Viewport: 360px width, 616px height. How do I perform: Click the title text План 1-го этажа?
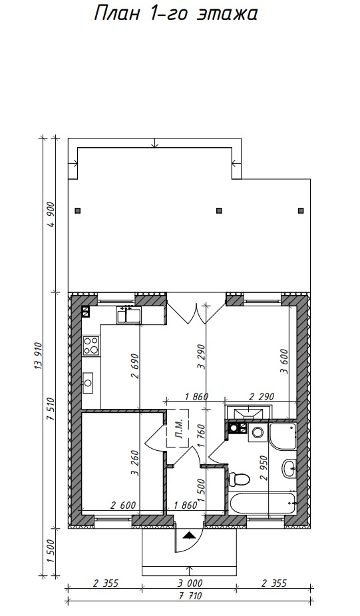pos(176,14)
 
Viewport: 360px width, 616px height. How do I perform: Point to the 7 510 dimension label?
pos(51,410)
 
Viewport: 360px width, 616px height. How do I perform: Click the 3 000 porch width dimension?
pos(189,583)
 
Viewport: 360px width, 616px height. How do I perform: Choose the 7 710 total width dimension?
pos(190,596)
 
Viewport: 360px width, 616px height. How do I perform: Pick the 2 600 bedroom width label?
pos(123,505)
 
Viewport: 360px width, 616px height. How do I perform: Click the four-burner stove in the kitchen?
pos(91,346)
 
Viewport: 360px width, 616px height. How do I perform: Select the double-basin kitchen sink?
pos(128,315)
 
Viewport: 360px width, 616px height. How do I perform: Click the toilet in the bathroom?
pos(239,479)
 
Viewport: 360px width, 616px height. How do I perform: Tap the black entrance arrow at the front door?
pos(189,535)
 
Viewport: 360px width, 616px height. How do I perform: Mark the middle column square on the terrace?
pos(220,210)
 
